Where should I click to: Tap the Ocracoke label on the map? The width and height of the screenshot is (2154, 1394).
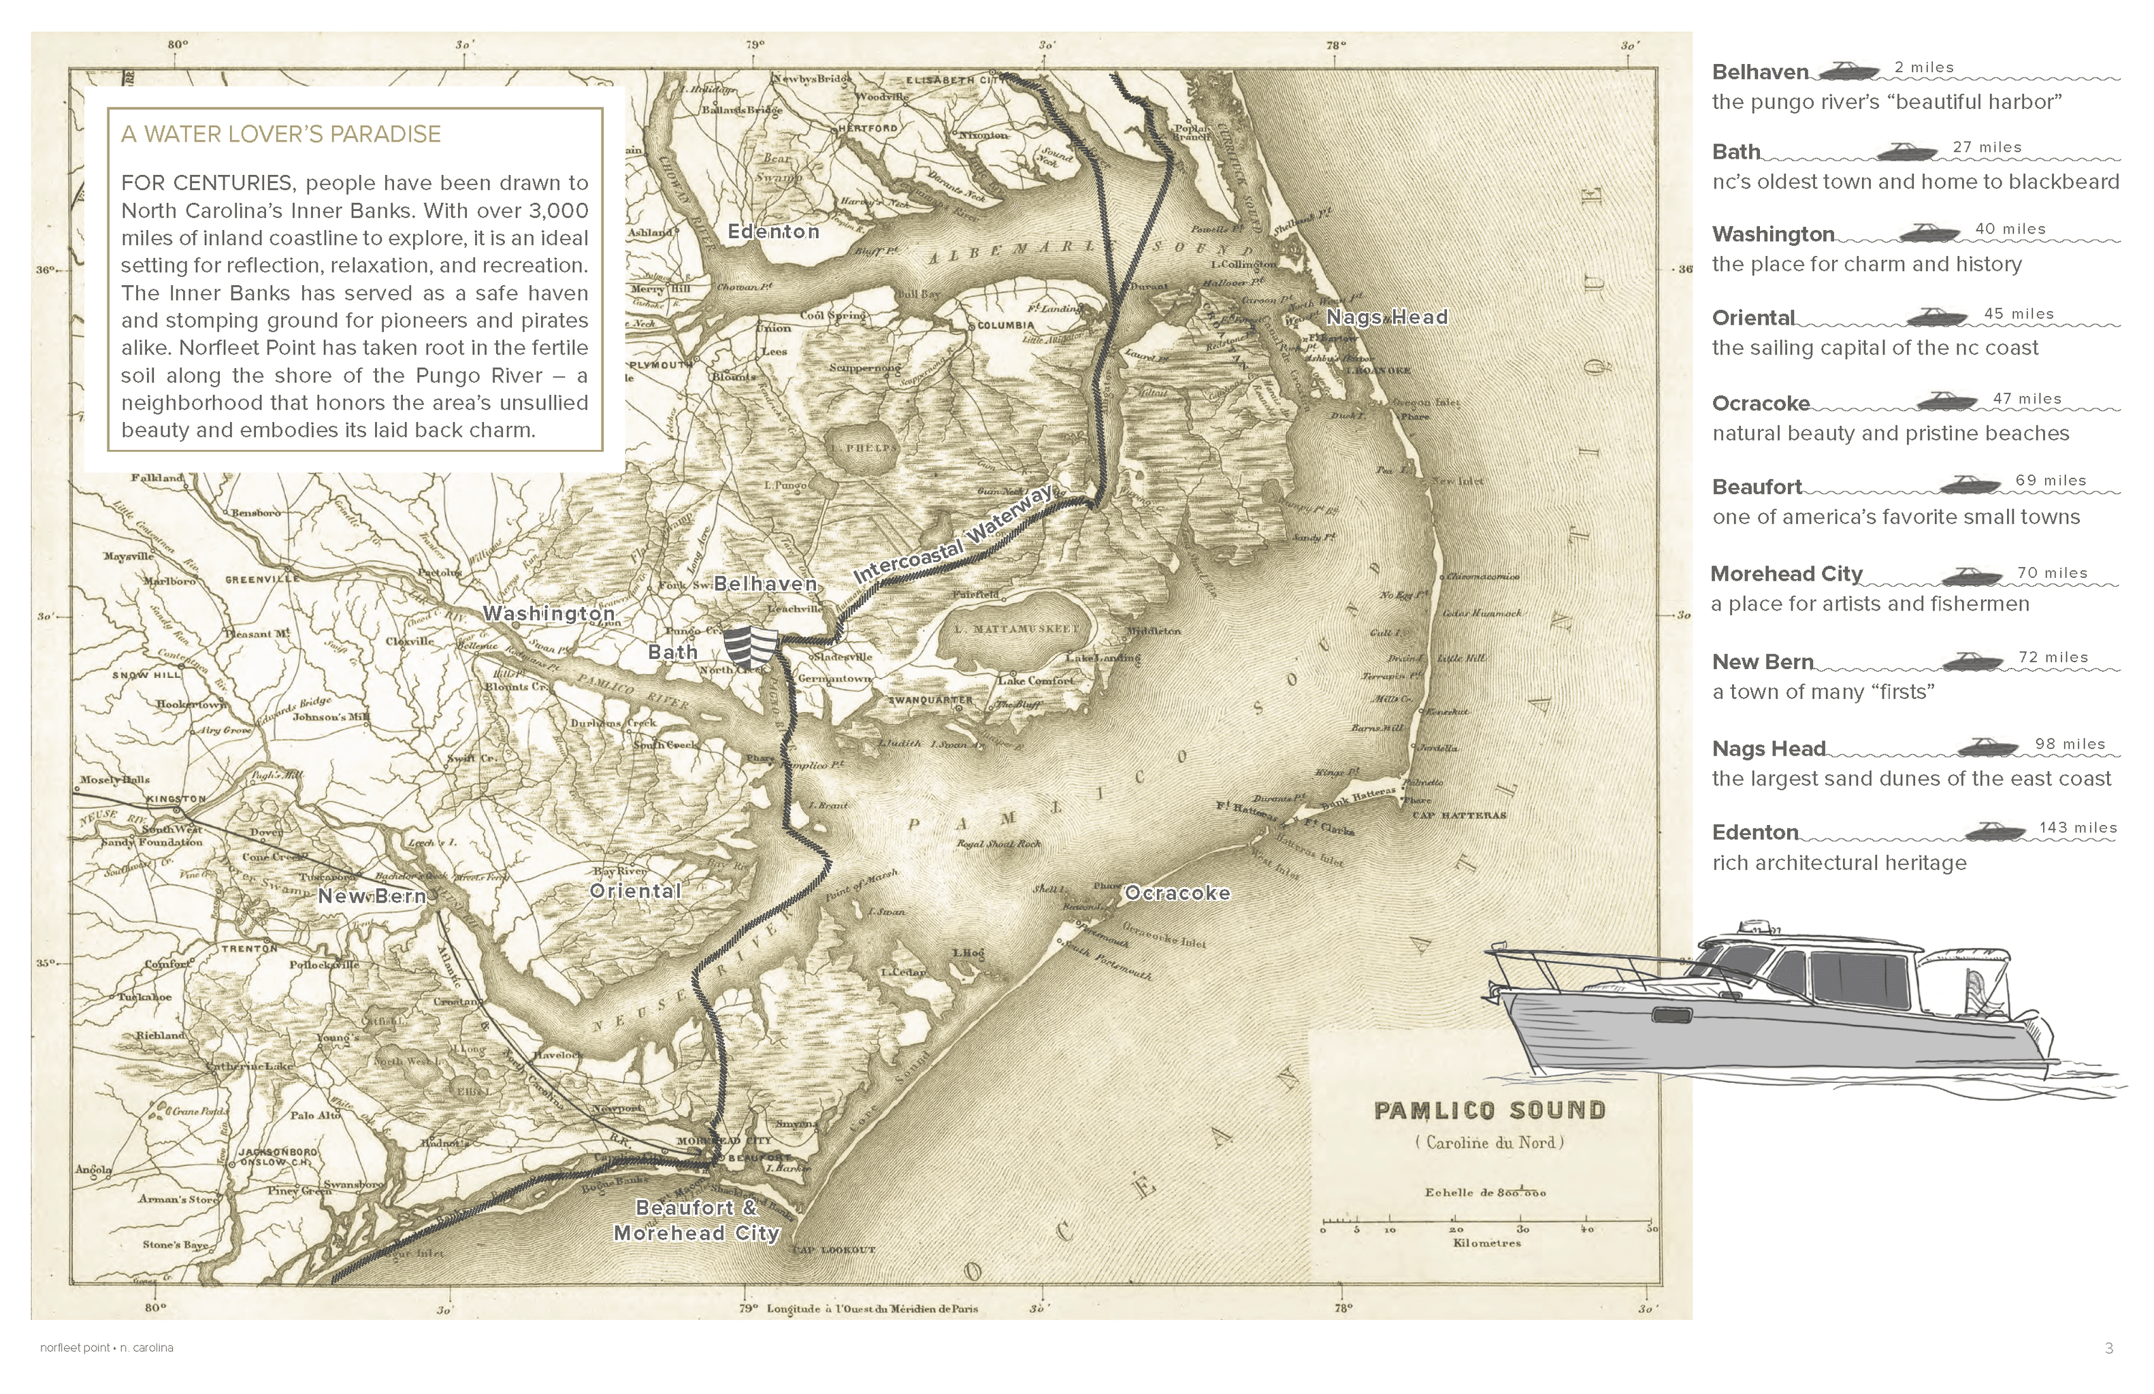[1177, 894]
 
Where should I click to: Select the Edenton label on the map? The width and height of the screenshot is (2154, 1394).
[773, 231]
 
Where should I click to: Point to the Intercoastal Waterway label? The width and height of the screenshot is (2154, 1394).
[954, 536]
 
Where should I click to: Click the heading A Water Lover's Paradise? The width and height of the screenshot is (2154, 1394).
[280, 134]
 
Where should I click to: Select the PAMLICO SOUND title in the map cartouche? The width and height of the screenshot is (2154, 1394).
[1490, 1111]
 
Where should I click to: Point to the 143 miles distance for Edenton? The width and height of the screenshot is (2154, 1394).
[2078, 828]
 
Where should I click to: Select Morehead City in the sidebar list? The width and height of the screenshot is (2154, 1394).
[1786, 574]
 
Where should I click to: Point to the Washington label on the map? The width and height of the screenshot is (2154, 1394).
[549, 614]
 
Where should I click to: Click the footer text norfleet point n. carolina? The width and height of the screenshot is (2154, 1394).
[107, 1348]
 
